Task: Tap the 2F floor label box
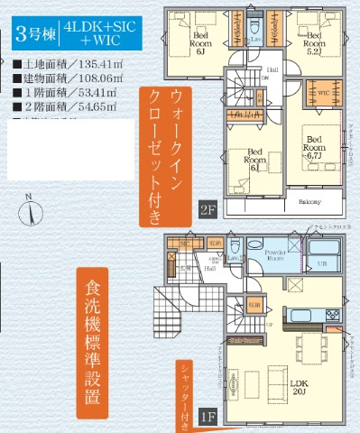[208, 211]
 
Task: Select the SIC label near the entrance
[184, 244]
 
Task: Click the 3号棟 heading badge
[34, 36]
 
